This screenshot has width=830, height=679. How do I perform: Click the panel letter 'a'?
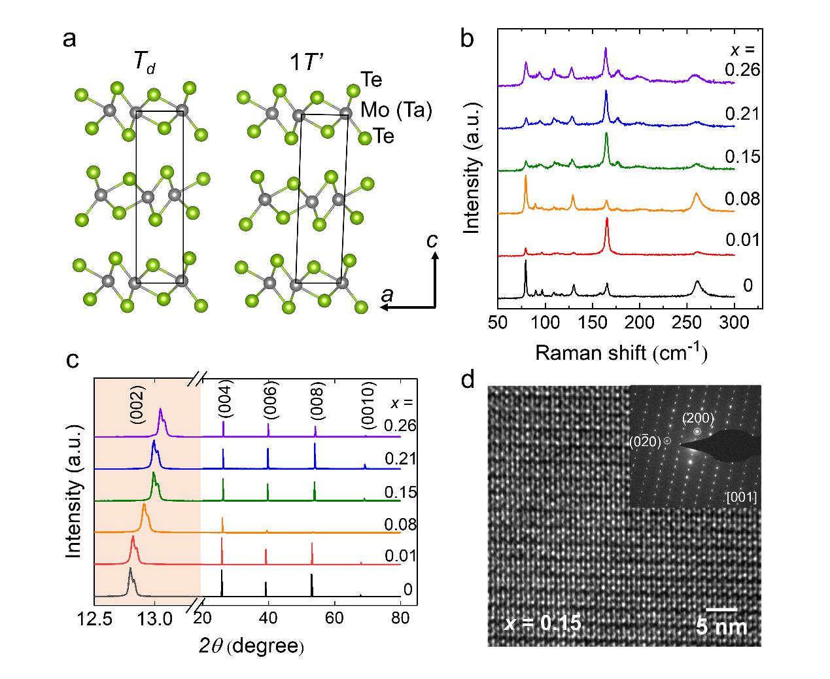(x=69, y=40)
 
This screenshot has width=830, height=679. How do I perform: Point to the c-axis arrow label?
(x=432, y=241)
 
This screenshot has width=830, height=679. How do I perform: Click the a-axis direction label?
(x=387, y=296)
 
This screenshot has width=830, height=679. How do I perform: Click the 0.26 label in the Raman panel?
(x=742, y=69)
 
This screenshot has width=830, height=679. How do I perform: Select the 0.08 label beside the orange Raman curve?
(x=742, y=198)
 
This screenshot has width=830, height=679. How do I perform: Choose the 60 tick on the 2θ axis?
(x=334, y=618)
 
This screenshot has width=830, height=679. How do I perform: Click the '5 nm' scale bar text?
(x=721, y=626)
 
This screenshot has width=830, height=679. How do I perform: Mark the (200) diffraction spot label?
(x=698, y=417)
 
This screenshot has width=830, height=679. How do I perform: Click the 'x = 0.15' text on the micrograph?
(x=542, y=623)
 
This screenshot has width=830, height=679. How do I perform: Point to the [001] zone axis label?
(x=742, y=498)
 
